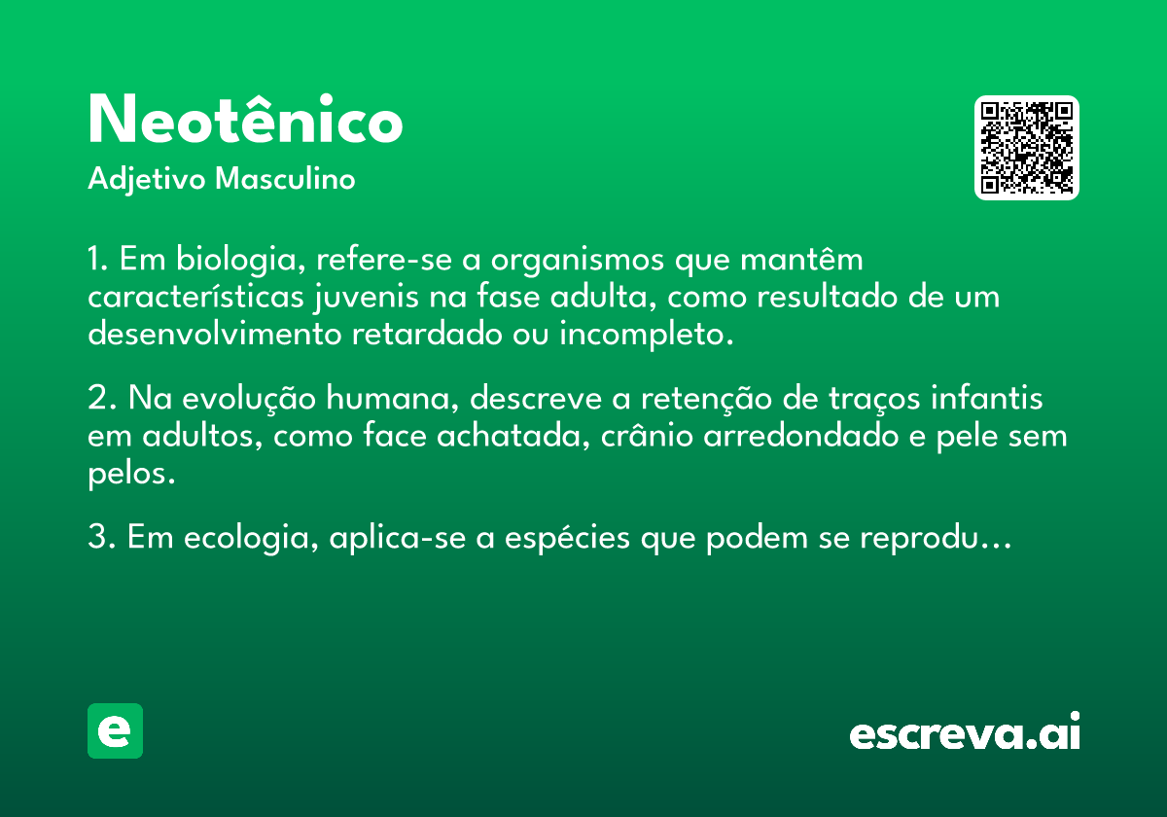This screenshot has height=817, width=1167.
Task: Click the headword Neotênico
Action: pyautogui.click(x=245, y=119)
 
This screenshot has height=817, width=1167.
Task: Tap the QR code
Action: pyautogui.click(x=1026, y=148)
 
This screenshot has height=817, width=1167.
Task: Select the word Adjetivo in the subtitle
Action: pyautogui.click(x=147, y=180)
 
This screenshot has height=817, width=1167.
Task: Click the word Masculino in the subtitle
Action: pyautogui.click(x=285, y=179)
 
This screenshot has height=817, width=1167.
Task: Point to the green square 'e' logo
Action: pyautogui.click(x=115, y=730)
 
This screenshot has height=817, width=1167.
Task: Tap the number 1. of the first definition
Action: pyautogui.click(x=98, y=259)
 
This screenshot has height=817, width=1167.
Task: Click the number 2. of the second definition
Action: pyautogui.click(x=102, y=398)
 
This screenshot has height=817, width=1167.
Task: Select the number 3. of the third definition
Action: pyautogui.click(x=102, y=536)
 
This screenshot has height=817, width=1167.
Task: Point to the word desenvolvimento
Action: pyautogui.click(x=214, y=332)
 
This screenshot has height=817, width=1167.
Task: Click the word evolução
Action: pyautogui.click(x=249, y=399)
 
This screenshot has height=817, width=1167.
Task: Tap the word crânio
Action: pyautogui.click(x=647, y=434)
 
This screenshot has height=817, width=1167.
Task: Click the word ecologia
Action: pyautogui.click(x=251, y=538)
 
